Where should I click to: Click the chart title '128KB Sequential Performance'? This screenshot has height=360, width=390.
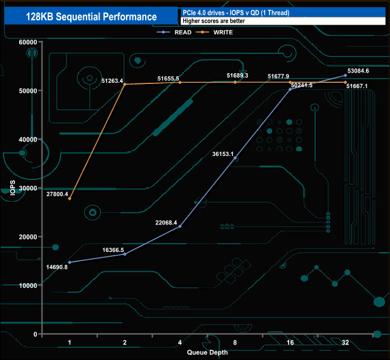coord(91,17)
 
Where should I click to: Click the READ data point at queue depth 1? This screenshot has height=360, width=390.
coord(70,262)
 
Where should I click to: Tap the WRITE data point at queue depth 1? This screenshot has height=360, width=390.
coord(70,199)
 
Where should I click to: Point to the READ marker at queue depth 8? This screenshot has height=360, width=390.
coord(235,158)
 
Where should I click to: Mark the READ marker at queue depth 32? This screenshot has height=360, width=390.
coord(345,76)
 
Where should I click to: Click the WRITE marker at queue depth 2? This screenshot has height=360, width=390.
coord(125,84)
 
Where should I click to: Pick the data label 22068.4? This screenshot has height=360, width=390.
coord(166,223)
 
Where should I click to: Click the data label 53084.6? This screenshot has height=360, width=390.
coord(358,71)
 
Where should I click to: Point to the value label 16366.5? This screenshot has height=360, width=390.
coord(113,250)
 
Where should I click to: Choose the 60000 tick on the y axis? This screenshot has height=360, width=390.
coord(27,42)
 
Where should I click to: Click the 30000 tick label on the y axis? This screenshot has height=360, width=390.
coord(27,188)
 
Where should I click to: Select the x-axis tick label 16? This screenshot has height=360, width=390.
coord(290,343)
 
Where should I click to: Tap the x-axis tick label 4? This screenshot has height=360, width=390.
coord(180,343)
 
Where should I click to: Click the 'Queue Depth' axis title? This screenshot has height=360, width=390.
coord(208,352)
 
